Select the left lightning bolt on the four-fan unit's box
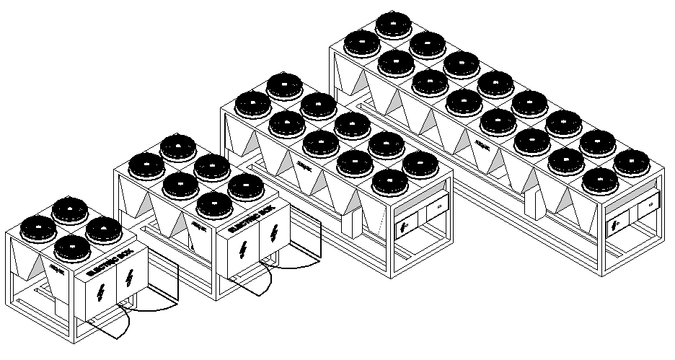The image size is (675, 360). (100, 293)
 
